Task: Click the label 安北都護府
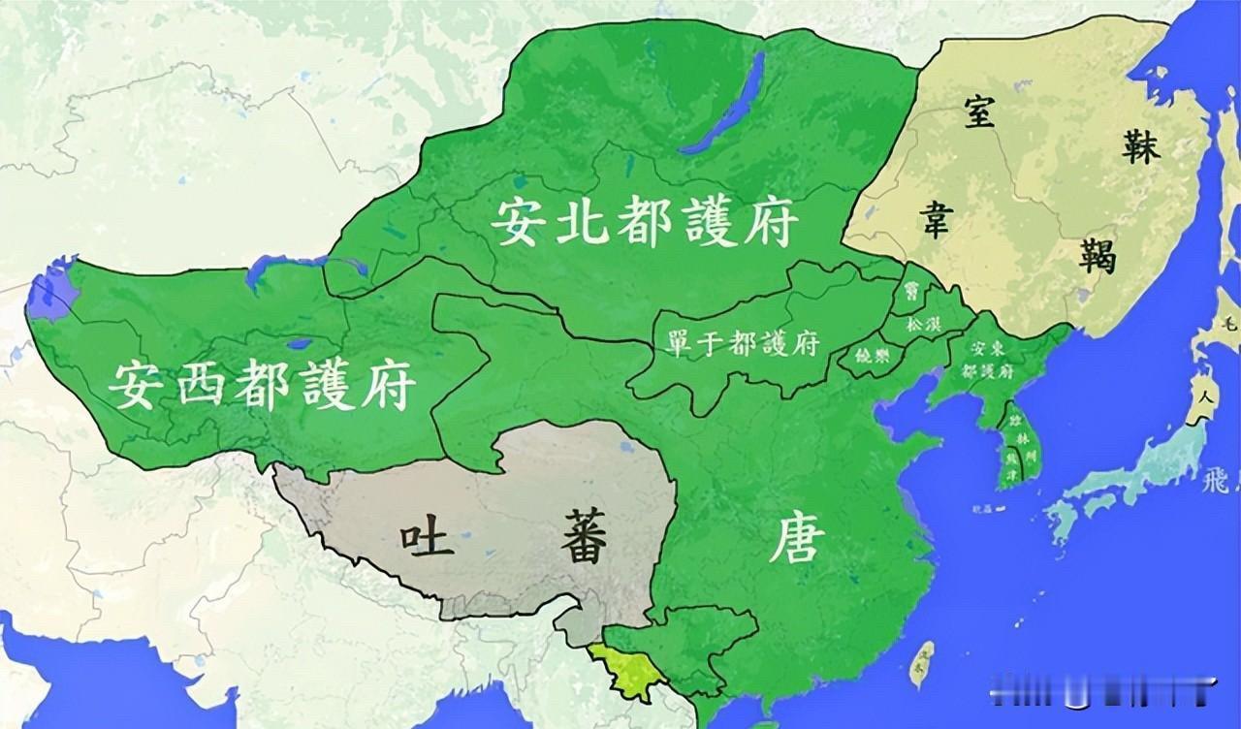click(x=644, y=222)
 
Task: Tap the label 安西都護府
click(x=262, y=384)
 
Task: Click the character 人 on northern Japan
click(x=1205, y=398)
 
